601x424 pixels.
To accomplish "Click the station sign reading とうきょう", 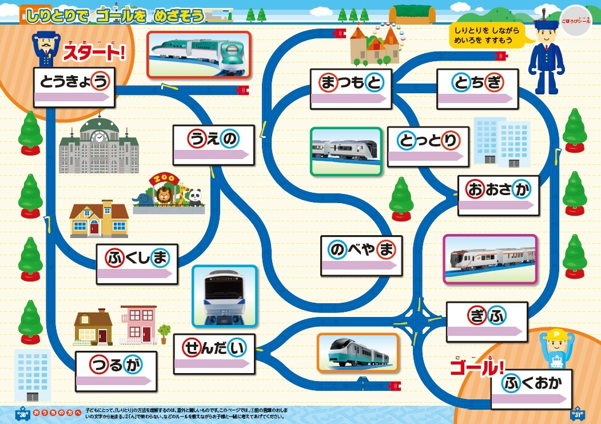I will [74, 87].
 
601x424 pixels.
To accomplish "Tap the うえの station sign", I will [214, 145].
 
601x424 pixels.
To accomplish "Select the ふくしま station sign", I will [137, 264].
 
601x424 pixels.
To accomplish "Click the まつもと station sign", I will [351, 89].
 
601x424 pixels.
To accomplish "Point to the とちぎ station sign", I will [477, 89].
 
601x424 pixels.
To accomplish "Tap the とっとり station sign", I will [428, 146].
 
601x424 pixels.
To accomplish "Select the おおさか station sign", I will [498, 196].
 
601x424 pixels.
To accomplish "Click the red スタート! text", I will [94, 54].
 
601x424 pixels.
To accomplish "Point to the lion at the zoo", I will [164, 196].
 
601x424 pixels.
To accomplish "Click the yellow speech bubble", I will [486, 35].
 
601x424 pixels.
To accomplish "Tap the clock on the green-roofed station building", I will [99, 137].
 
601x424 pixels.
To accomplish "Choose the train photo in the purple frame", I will [490, 259].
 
